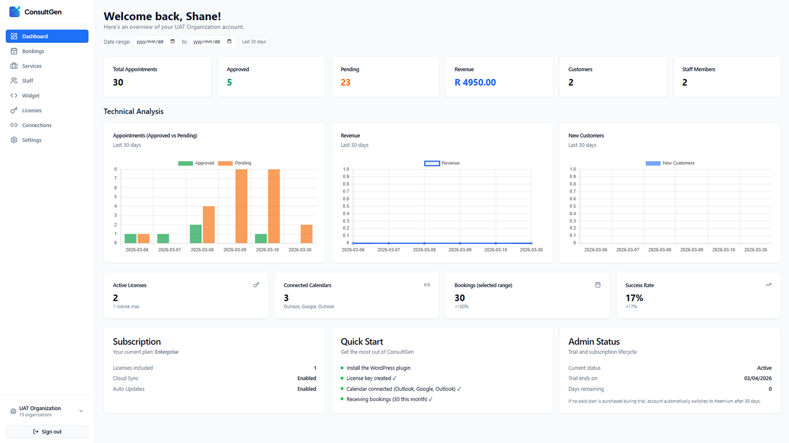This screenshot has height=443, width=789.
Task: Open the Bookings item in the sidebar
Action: [33, 51]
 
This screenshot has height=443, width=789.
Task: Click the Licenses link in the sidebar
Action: [32, 111]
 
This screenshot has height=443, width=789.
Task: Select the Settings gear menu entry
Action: [32, 140]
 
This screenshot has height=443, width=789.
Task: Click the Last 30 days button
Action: [253, 42]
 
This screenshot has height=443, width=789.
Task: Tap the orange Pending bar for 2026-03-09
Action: [241, 206]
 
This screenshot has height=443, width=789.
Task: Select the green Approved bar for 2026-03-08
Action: [196, 234]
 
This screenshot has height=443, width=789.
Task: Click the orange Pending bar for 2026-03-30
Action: [306, 234]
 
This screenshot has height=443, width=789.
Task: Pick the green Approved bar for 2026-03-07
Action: [163, 238]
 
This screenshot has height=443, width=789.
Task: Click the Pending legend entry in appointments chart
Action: [235, 163]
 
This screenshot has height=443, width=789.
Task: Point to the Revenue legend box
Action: [432, 163]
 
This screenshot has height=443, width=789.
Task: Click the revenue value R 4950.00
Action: [475, 82]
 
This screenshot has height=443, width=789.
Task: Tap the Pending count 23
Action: [345, 82]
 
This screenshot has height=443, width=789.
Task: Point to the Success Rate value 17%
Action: [634, 298]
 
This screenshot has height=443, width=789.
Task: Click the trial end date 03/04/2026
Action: [757, 378]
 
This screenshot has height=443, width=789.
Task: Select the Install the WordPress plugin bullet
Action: [378, 368]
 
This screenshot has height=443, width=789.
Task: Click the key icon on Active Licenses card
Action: [256, 285]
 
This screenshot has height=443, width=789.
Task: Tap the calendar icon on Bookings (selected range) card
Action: [598, 285]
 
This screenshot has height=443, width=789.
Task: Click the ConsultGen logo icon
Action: [15, 12]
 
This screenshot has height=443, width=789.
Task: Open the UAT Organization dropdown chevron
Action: [81, 411]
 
